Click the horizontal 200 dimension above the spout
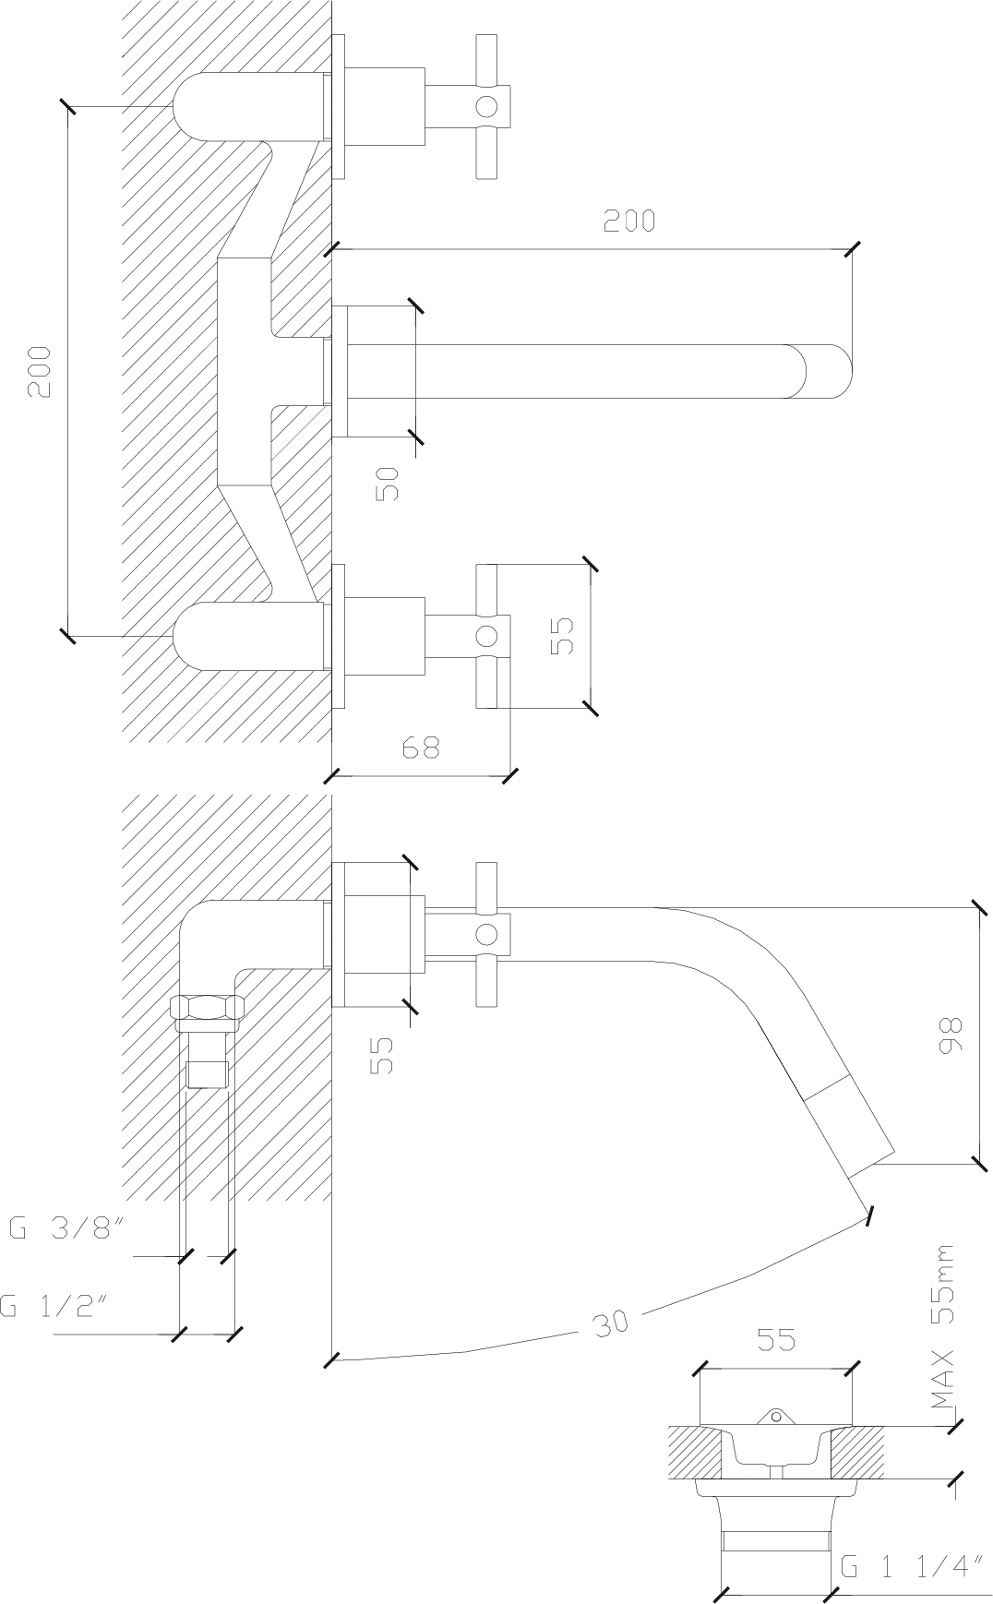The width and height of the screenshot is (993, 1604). pos(629,221)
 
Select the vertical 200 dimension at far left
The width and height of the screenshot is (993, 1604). pos(40,372)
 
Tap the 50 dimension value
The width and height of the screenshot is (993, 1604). pos(389,483)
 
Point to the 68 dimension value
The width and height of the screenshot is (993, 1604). pos(421,747)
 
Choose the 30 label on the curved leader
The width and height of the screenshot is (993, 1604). pos(611,1322)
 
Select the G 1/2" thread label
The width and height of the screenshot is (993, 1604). pos(55,1306)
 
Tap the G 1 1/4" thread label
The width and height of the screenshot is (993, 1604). pos(910,1568)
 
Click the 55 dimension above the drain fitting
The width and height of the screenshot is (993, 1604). pos(776,1340)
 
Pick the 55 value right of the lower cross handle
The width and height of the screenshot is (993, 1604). pos(562,635)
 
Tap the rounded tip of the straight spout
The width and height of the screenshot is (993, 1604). pos(828,372)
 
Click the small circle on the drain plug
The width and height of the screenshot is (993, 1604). pos(776,1415)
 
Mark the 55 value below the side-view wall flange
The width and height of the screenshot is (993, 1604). pos(382,1055)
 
